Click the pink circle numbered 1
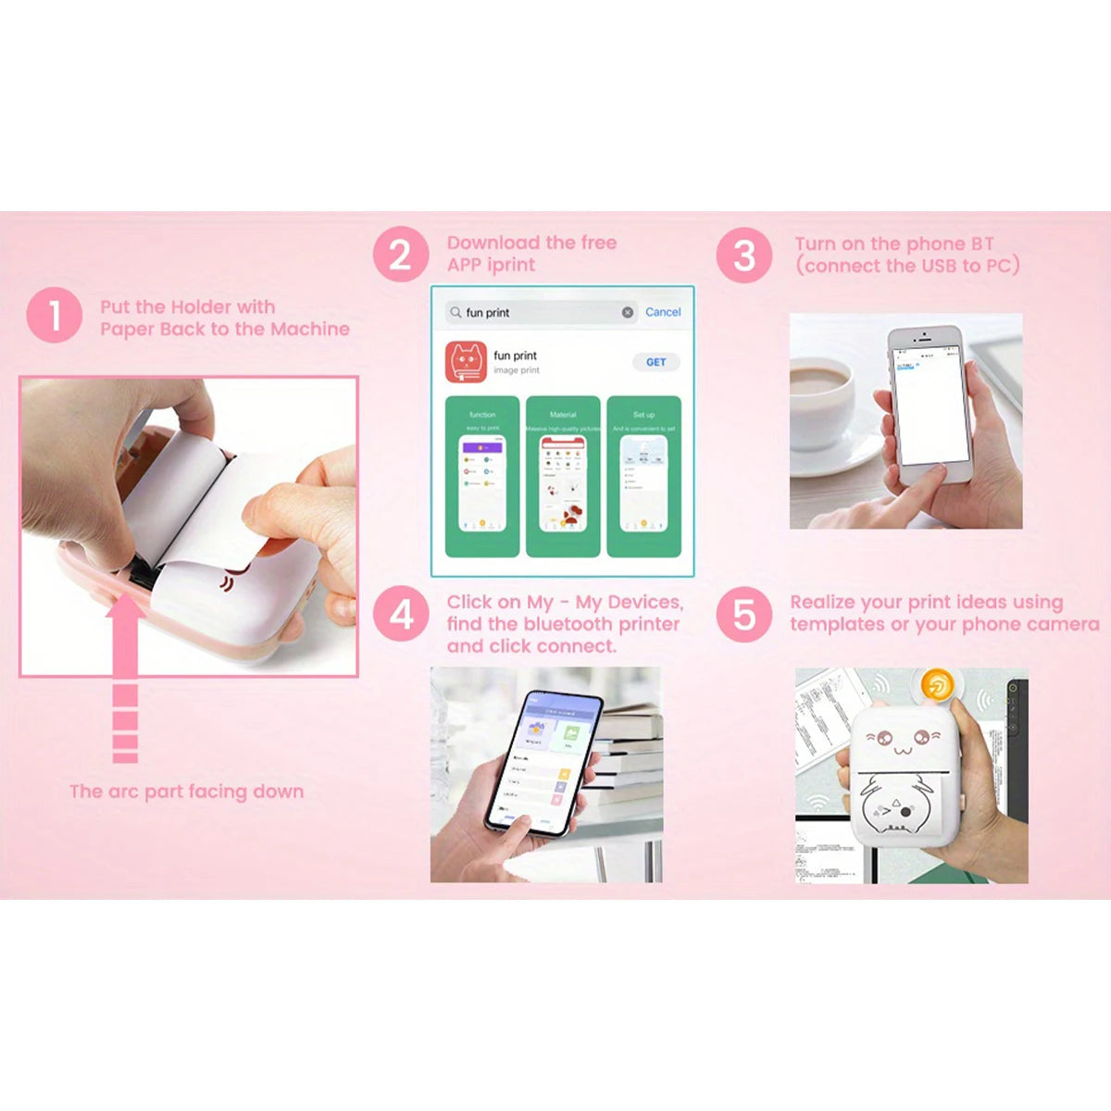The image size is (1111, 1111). click(x=55, y=315)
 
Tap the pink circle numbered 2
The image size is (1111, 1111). click(x=401, y=255)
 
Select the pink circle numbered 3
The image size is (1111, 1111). click(x=744, y=256)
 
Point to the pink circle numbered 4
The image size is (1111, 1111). click(x=401, y=615)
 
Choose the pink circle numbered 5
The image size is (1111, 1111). click(x=744, y=615)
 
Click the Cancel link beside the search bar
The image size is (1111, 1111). click(x=663, y=312)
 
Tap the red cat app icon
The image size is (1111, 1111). click(x=466, y=362)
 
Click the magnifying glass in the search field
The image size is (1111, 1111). click(x=456, y=313)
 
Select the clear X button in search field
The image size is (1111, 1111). click(x=628, y=313)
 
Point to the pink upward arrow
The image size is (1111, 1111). click(x=125, y=676)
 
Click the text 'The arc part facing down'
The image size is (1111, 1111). click(x=186, y=792)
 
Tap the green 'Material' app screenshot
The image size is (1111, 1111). click(x=563, y=477)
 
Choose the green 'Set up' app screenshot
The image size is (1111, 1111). click(x=643, y=477)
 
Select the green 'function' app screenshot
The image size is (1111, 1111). click(x=482, y=477)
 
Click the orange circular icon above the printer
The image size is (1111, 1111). click(x=937, y=686)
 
